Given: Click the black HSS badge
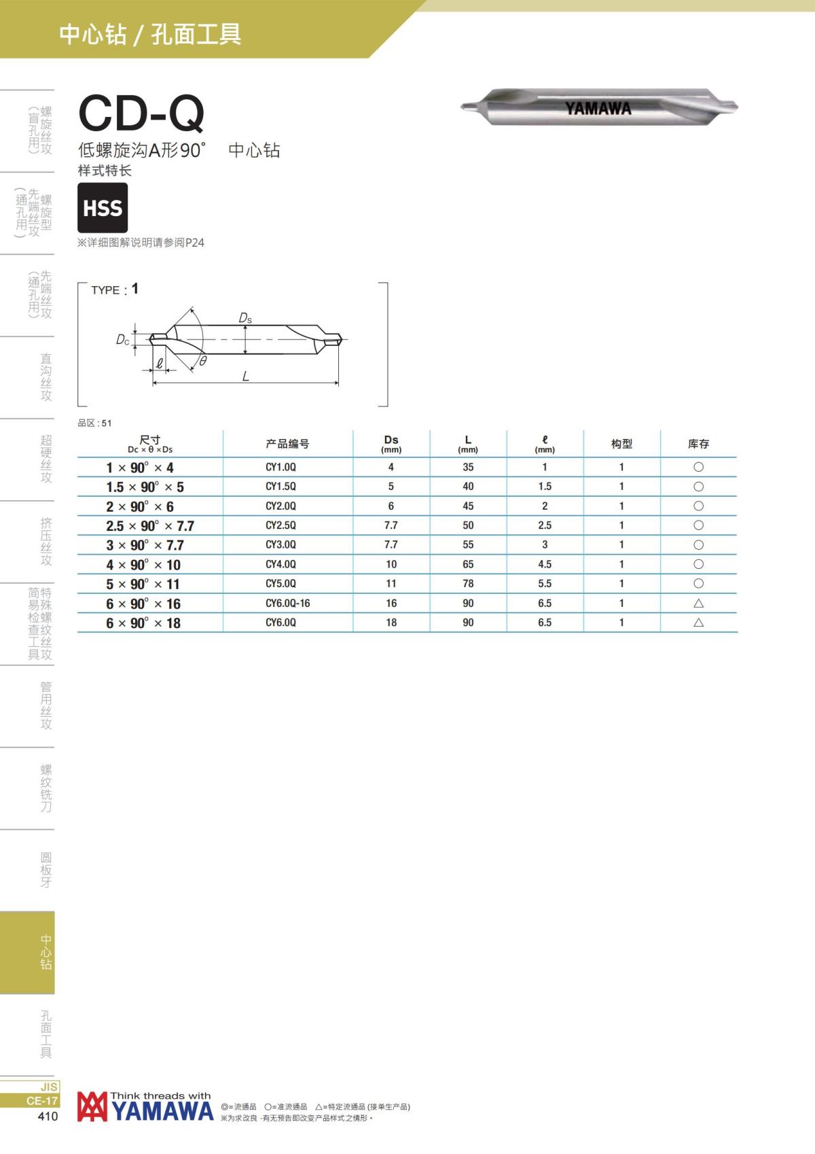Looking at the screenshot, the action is pos(103,207).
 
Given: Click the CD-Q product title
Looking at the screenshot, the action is pos(141,113).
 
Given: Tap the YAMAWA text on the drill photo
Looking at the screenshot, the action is pos(598,109).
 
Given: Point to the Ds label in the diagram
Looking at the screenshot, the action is pos(245,318).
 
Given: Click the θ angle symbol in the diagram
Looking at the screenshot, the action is pos(203,361).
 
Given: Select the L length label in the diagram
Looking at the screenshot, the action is pos(246,376).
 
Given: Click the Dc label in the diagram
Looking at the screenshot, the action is pos(122,340).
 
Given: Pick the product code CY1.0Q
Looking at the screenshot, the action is pos(280,467).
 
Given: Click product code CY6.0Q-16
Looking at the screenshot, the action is pos(288,603).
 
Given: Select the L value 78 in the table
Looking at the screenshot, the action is pos(468,583).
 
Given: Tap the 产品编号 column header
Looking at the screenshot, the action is pos(287,444).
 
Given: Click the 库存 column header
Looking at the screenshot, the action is pos(698,444).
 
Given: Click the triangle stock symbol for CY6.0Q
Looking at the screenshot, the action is pos(698,623).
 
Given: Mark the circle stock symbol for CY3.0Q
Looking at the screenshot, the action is pos(698,544).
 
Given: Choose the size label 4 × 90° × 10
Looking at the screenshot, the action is pos(143,565).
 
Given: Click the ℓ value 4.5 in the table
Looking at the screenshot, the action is pos(545,564).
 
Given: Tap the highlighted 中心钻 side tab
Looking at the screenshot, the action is pos(27,952).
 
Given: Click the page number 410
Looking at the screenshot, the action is pos(48,1116).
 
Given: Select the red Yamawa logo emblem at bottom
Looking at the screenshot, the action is pos(92,1106).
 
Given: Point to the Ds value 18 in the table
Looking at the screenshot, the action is pos(391,623).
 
